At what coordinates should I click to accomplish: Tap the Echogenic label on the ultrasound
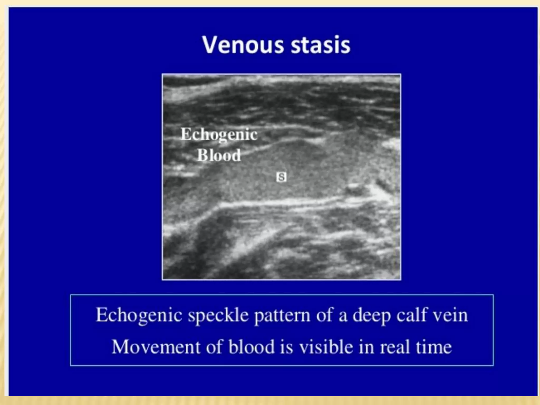click(219, 135)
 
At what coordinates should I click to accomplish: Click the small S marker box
click(281, 177)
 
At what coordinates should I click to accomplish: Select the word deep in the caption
click(371, 315)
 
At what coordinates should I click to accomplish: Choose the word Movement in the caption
click(156, 347)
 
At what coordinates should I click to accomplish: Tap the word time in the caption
click(434, 347)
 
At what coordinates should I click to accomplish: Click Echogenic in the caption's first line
click(139, 315)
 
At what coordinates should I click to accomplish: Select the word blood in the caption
click(251, 346)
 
